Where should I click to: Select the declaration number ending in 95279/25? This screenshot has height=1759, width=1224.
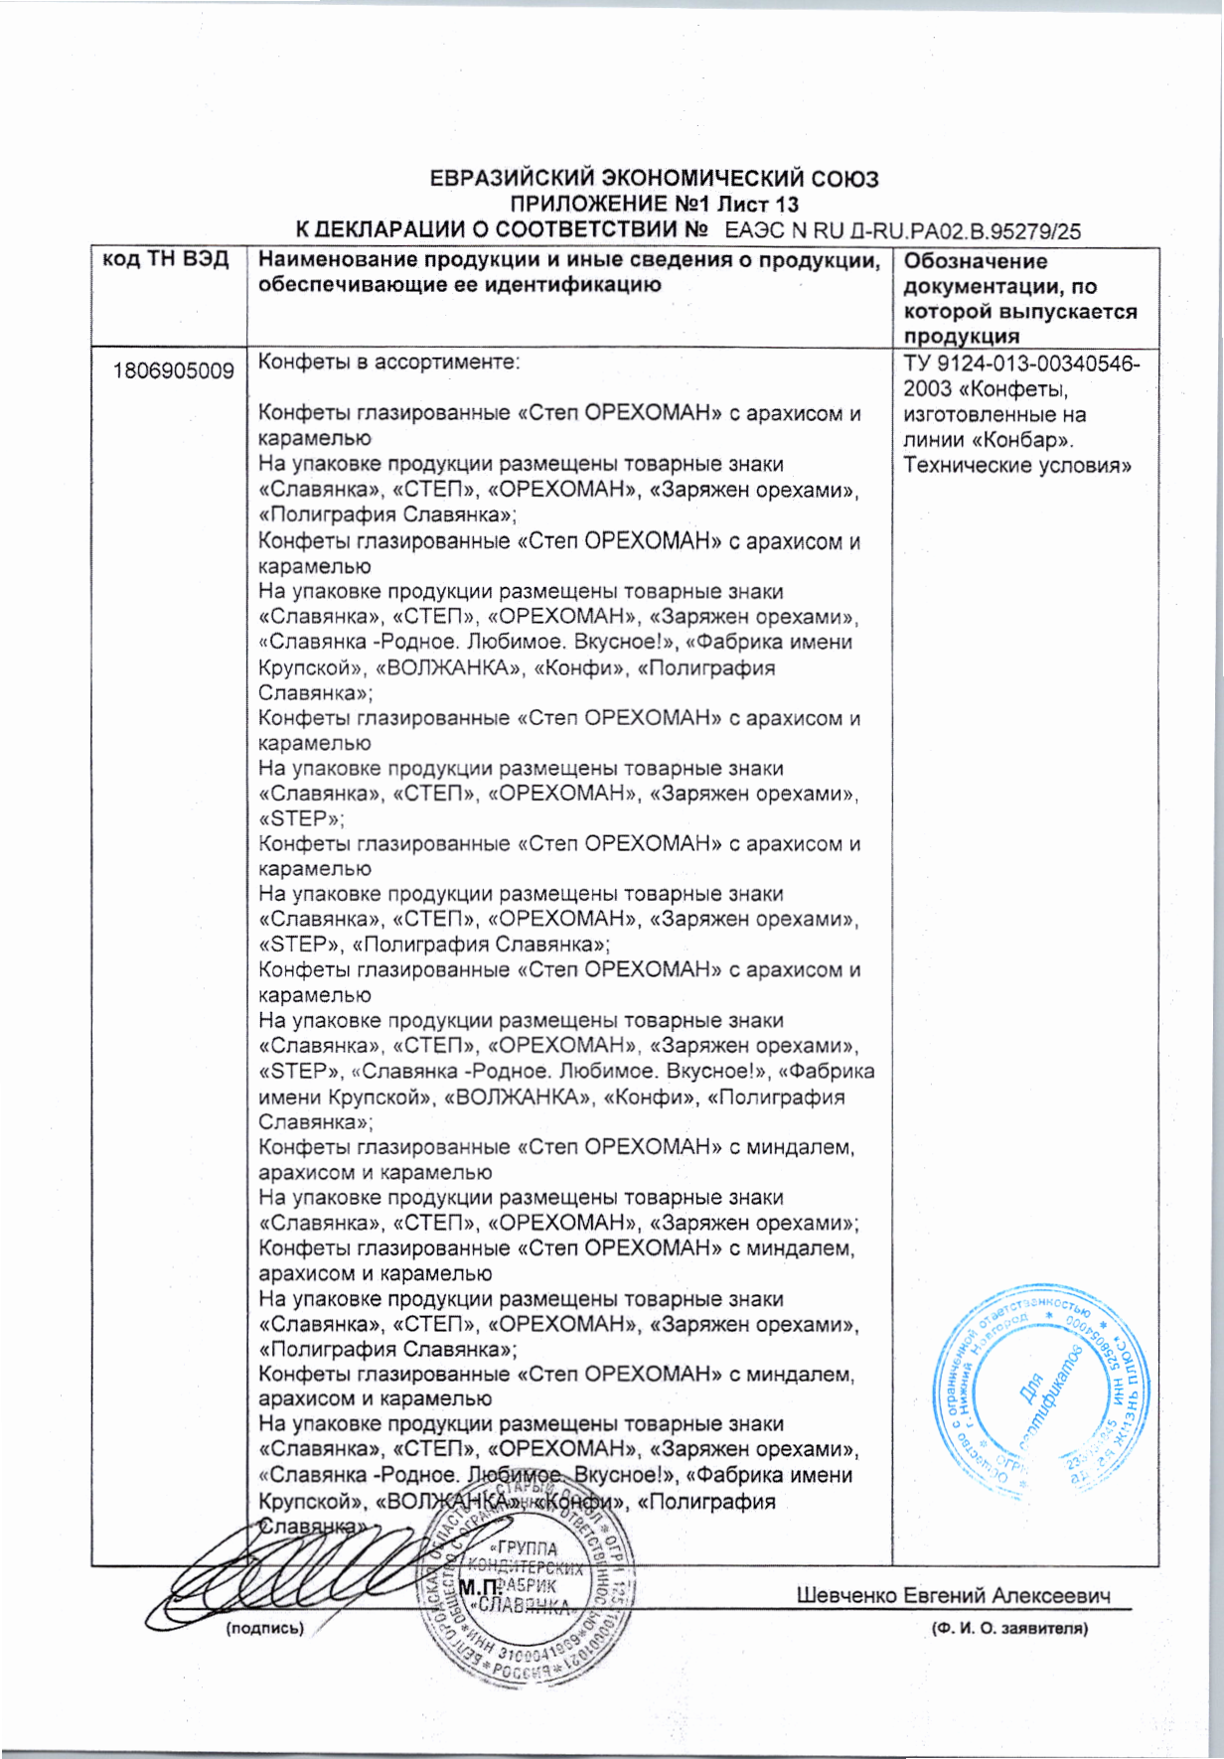(x=902, y=232)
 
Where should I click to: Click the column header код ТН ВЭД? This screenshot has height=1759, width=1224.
(x=166, y=261)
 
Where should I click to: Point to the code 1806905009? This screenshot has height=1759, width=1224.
(x=174, y=371)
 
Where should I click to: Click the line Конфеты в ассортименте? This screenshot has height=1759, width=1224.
(x=388, y=362)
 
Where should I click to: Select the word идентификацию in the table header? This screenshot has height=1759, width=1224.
(x=565, y=286)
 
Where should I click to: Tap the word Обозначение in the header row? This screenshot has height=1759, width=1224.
(x=975, y=261)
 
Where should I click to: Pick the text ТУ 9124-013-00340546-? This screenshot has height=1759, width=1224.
(x=1021, y=364)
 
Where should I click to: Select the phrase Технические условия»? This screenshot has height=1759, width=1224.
(x=1017, y=466)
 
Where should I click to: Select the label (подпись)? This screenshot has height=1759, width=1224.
(x=264, y=1628)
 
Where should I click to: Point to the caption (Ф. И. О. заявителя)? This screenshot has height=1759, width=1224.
(x=1008, y=1629)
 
